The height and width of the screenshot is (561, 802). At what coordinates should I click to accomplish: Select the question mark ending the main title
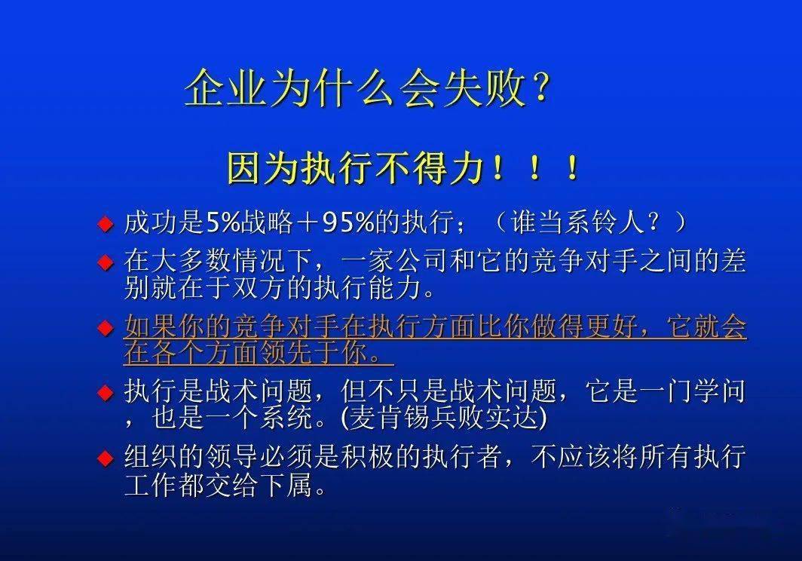click(x=539, y=90)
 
